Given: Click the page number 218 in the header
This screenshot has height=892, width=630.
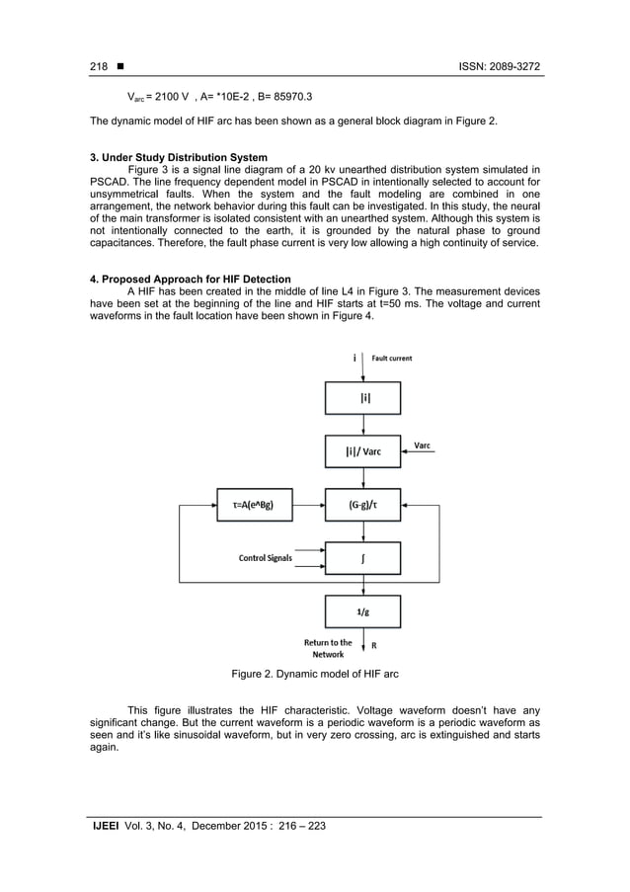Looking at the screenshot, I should (x=99, y=65).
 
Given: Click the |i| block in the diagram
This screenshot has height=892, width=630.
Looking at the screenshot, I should (x=363, y=398).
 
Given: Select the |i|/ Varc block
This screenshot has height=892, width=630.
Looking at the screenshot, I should (x=363, y=452).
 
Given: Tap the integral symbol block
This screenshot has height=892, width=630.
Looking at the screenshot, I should (x=363, y=558).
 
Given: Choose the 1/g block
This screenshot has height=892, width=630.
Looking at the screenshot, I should (x=363, y=610).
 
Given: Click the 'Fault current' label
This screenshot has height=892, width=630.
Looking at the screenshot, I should (x=393, y=358).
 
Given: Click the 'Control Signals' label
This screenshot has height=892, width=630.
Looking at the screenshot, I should (x=266, y=558).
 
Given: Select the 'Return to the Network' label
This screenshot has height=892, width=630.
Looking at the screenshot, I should (x=327, y=648).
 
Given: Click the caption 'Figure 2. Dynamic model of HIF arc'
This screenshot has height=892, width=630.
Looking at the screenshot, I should (x=314, y=674).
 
